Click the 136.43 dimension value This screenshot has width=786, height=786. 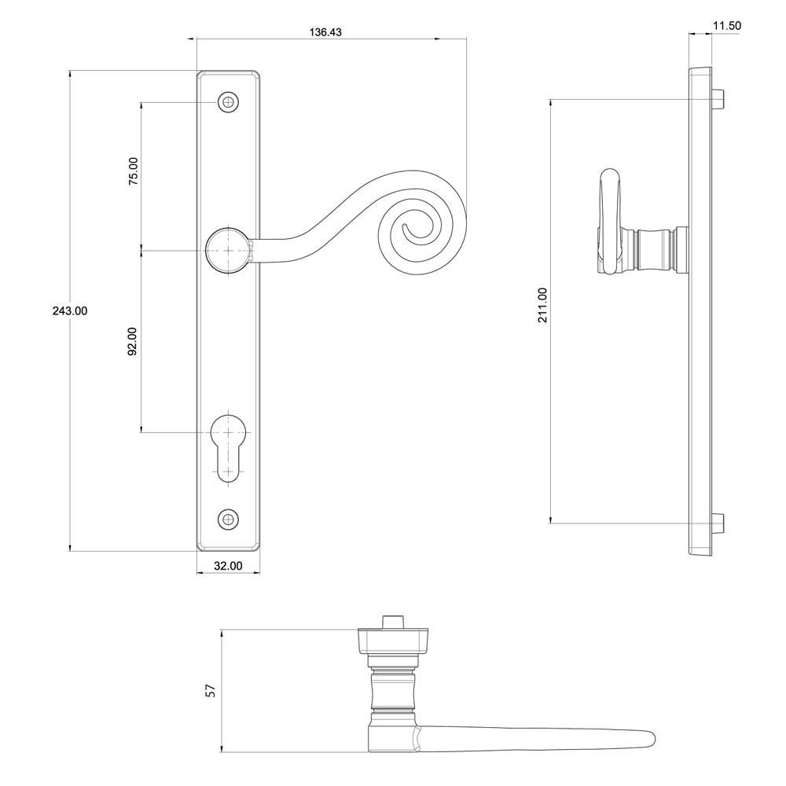(x=325, y=32)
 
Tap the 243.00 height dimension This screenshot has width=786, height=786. (x=70, y=310)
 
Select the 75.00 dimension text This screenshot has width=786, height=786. (x=133, y=171)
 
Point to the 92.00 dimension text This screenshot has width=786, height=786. (x=132, y=341)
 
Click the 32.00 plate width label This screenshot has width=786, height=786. (x=228, y=566)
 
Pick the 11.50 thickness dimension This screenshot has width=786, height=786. (x=727, y=26)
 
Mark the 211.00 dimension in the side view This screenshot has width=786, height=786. (x=543, y=305)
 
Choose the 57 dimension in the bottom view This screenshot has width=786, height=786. (x=211, y=691)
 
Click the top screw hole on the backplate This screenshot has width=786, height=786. (x=228, y=102)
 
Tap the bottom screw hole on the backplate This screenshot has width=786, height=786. (x=228, y=519)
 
